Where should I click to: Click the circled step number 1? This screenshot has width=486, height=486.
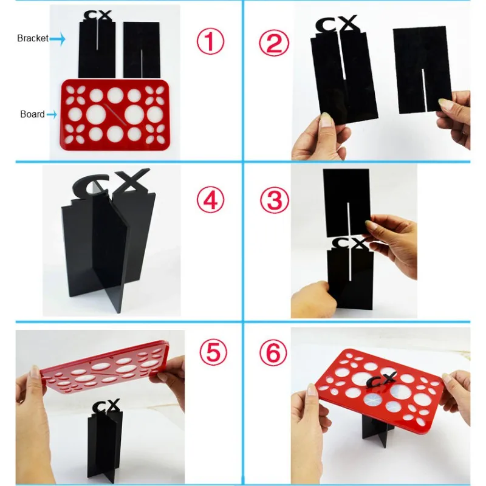tap(210, 42)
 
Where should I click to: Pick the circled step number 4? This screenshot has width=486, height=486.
tap(210, 200)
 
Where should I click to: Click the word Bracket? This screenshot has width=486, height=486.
tap(32, 38)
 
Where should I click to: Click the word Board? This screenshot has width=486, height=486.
tap(32, 114)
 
